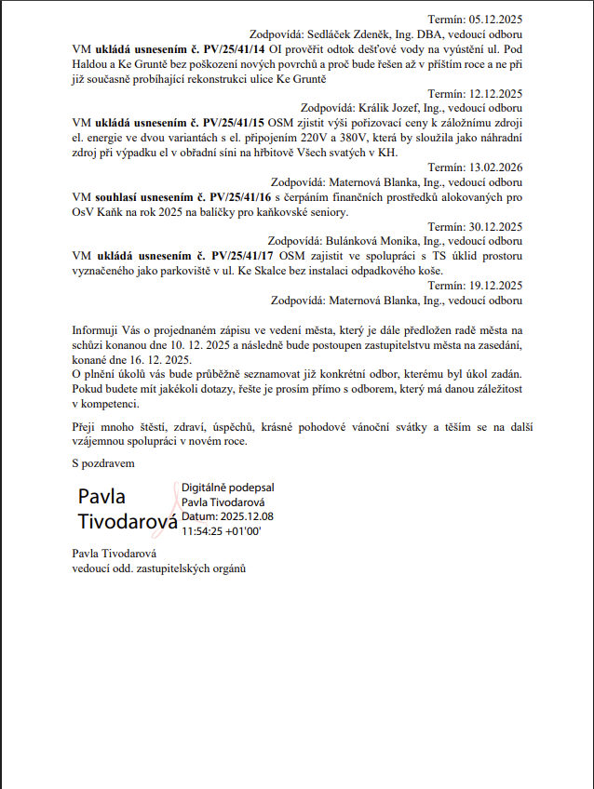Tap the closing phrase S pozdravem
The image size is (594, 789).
(103, 462)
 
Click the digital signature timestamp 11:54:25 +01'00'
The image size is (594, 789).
(221, 530)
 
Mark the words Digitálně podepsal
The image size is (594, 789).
(227, 488)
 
